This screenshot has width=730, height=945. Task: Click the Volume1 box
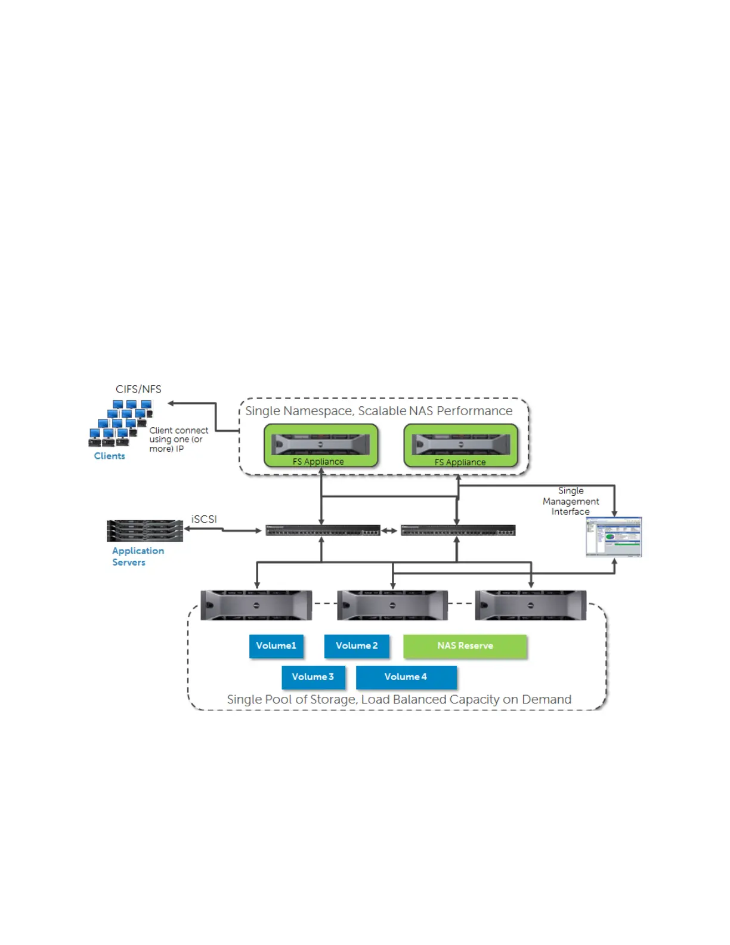[276, 646]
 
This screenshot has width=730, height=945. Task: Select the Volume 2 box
[357, 646]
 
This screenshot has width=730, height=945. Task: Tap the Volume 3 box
[313, 677]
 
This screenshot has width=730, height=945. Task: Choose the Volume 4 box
[406, 677]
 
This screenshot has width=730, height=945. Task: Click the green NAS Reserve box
[465, 646]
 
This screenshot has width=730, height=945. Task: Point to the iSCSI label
[204, 520]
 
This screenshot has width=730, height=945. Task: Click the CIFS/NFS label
[138, 390]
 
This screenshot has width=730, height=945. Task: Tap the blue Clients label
[110, 456]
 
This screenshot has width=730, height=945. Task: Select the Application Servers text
[138, 557]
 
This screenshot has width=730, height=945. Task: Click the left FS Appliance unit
[321, 445]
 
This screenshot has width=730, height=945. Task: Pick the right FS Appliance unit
[461, 445]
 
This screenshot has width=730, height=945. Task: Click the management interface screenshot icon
[614, 537]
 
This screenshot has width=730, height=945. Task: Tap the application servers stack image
[145, 530]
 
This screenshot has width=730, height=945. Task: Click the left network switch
[323, 530]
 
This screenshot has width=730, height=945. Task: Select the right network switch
[458, 530]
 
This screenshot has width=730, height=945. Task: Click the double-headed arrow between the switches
[390, 530]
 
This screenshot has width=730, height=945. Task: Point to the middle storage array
[392, 605]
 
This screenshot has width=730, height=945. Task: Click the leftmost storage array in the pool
[256, 605]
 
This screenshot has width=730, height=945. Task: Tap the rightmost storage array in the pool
[531, 605]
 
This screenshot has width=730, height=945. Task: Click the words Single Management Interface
[571, 501]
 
